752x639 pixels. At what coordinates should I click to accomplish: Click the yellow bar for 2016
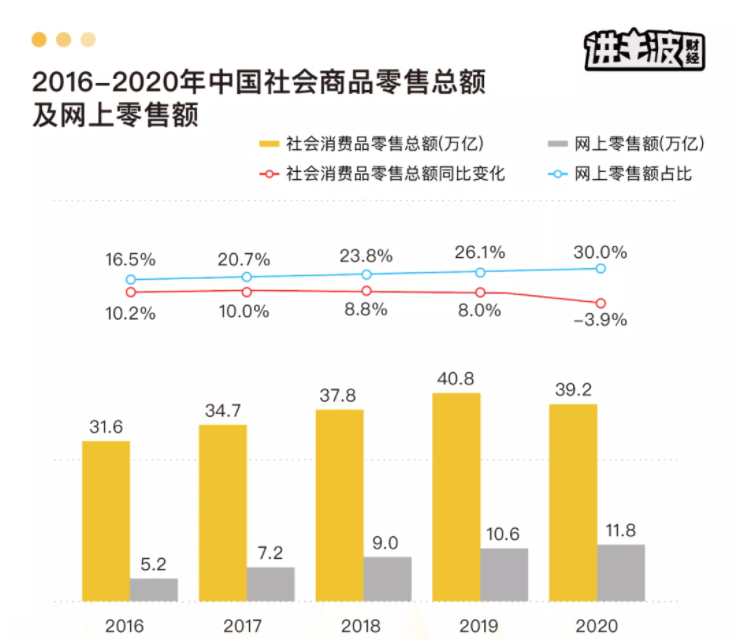(x=106, y=520)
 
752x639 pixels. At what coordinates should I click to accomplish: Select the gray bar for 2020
(x=621, y=572)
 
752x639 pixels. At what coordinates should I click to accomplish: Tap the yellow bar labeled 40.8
(x=456, y=496)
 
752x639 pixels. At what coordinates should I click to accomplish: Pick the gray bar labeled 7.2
(x=270, y=584)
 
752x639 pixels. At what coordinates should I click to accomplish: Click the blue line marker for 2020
(x=601, y=268)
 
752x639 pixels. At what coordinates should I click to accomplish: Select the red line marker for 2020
(x=601, y=303)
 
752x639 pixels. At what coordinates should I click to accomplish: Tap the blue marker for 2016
(x=130, y=280)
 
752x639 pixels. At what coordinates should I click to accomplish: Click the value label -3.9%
(x=600, y=320)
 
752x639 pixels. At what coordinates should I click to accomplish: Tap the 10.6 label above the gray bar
(x=504, y=534)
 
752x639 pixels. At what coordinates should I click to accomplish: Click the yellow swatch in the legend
(x=270, y=145)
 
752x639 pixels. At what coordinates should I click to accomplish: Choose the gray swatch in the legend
(x=563, y=145)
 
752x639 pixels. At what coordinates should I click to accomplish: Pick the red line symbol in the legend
(x=270, y=173)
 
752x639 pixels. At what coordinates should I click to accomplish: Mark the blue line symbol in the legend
(x=563, y=173)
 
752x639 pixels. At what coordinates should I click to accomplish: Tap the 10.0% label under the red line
(x=245, y=310)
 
